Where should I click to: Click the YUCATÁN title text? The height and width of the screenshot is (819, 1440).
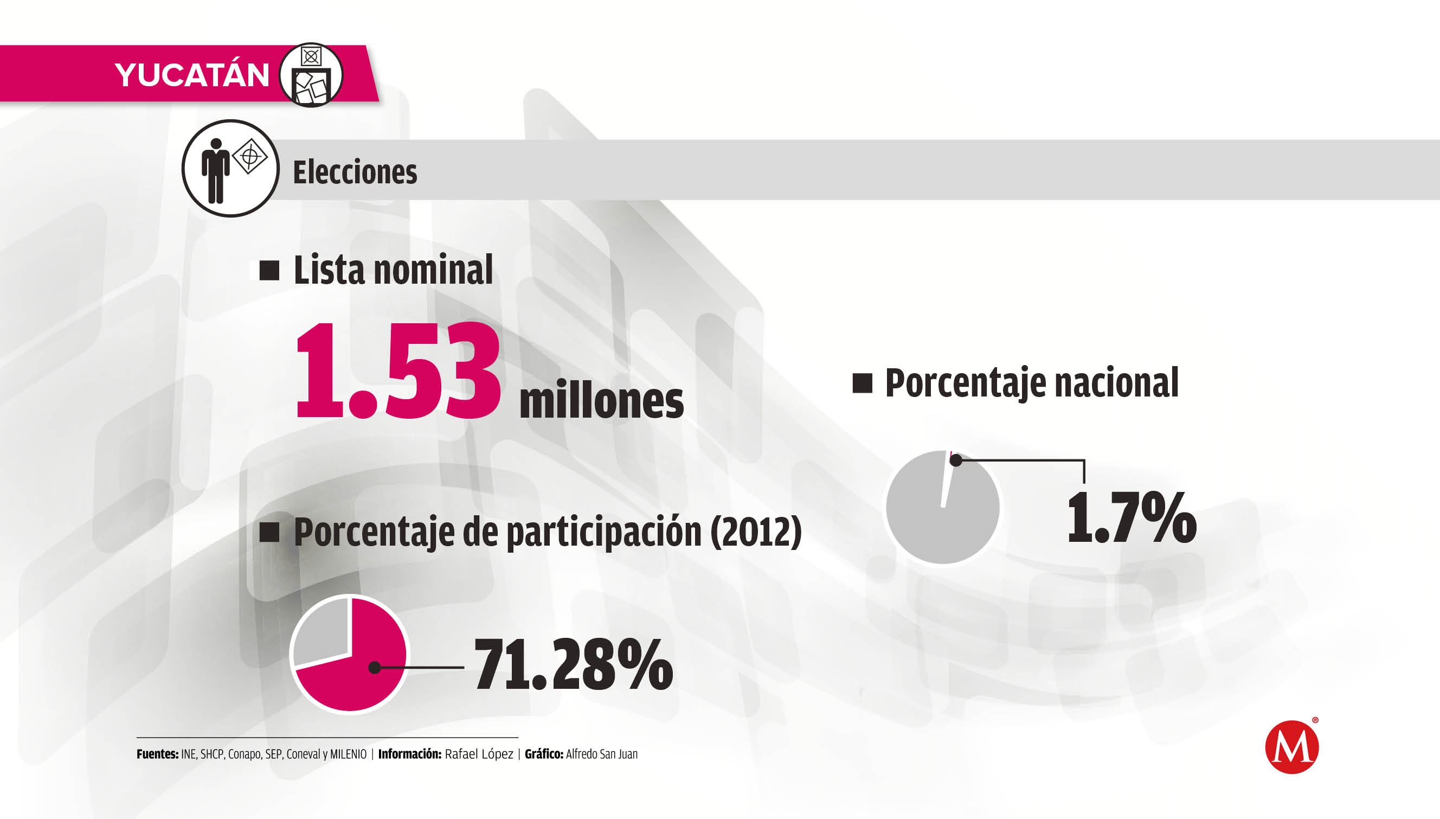point(192,75)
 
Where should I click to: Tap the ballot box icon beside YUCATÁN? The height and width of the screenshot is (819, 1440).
point(311,75)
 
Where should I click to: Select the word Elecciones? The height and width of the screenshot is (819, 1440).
point(355,172)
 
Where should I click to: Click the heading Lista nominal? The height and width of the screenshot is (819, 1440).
point(393,270)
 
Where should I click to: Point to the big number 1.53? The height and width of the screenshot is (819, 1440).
point(397,370)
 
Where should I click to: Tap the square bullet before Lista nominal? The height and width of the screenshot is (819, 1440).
point(269,271)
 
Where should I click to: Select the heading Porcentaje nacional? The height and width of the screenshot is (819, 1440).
point(1032,383)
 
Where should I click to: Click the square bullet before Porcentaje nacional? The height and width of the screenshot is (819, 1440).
point(862,383)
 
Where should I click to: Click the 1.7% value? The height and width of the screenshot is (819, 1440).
point(1132,517)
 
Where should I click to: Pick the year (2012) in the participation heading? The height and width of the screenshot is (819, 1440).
point(756,532)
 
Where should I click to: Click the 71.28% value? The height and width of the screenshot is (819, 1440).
point(573,665)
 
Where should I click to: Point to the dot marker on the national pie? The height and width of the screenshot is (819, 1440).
point(955,460)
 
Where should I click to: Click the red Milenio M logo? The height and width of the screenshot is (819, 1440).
point(1291,747)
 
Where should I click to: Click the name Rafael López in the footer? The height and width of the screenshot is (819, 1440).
point(479,754)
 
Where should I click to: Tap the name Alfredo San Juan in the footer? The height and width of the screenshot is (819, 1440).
point(602,754)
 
